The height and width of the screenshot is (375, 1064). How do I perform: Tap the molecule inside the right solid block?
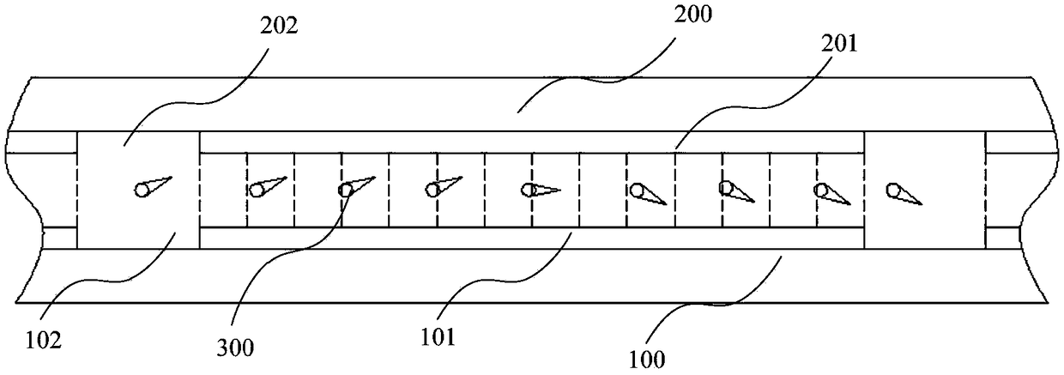pyautogui.click(x=904, y=195)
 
